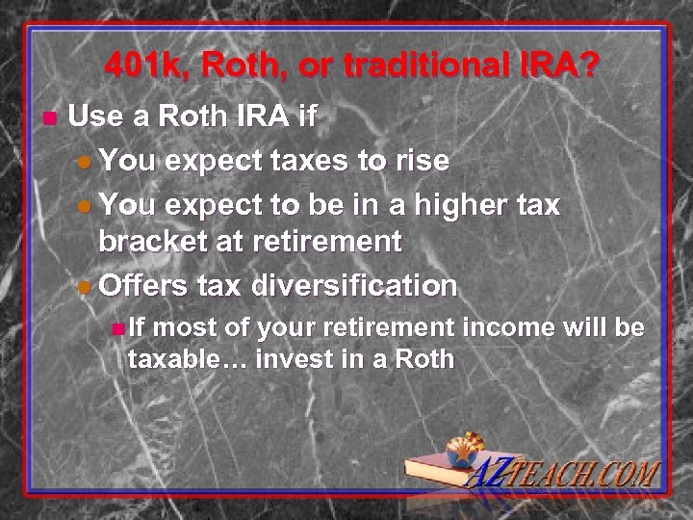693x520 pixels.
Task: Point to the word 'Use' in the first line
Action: [x=91, y=118]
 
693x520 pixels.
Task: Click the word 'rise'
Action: [x=422, y=161]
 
